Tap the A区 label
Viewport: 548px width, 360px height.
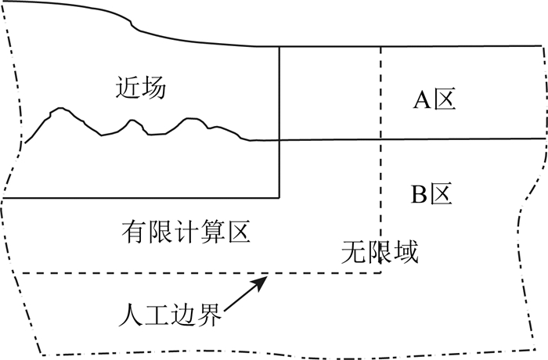click(434, 99)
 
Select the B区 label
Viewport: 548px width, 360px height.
click(433, 193)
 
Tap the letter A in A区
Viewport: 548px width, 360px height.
click(421, 99)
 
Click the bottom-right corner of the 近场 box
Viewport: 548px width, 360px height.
click(280, 197)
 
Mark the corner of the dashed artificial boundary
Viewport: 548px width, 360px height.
click(381, 273)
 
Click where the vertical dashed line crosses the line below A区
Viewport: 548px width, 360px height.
click(381, 139)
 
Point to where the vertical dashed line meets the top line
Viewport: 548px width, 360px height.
click(381, 47)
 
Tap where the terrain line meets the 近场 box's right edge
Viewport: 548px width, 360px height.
click(280, 140)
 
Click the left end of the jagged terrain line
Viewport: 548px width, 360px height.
click(25, 143)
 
